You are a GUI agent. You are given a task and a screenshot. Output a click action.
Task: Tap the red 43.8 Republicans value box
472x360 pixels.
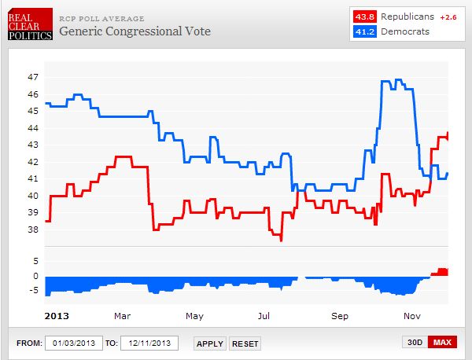click(x=364, y=17)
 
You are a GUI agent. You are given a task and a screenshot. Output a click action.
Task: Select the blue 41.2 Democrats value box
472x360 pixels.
click(x=364, y=31)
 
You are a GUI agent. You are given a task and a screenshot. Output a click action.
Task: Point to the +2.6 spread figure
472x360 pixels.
click(x=447, y=17)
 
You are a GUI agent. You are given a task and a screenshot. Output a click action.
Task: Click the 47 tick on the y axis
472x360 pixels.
click(x=32, y=78)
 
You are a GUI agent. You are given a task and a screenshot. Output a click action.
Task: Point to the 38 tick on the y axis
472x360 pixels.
click(x=32, y=230)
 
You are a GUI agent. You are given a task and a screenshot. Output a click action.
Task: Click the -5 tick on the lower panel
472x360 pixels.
click(x=32, y=291)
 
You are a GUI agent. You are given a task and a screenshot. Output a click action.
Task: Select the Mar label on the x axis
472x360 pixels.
click(x=122, y=316)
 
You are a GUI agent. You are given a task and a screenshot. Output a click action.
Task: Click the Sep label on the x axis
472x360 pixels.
click(x=339, y=316)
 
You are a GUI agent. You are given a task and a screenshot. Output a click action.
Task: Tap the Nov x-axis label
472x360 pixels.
click(x=411, y=316)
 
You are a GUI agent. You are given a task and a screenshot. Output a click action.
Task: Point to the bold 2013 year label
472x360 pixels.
click(x=54, y=316)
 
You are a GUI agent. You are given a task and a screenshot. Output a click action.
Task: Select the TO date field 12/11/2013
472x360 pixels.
click(x=149, y=343)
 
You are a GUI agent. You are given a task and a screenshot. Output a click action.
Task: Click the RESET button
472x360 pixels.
click(x=245, y=343)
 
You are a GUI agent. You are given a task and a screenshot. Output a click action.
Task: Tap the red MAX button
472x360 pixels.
click(x=442, y=343)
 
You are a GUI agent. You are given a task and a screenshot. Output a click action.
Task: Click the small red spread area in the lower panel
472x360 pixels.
click(x=441, y=272)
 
